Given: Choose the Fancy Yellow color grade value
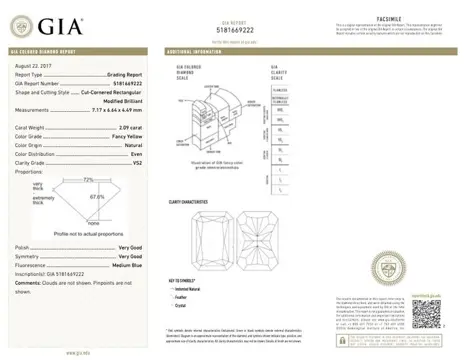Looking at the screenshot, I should pos(125,138).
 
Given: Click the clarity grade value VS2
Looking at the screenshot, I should pos(138,164).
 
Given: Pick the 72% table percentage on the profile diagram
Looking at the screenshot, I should pos(87,178).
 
